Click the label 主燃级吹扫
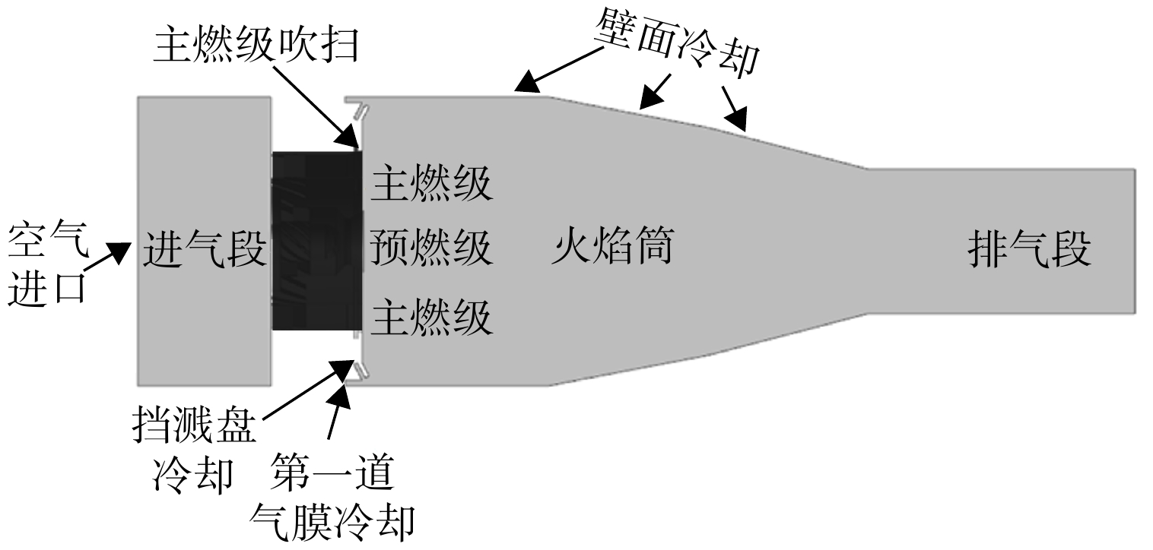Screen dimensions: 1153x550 point(256,46)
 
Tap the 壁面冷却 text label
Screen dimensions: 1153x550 point(676,44)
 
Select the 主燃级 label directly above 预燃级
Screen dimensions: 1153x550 point(431,184)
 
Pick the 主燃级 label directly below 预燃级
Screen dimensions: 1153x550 point(431,318)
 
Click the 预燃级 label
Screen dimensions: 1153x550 point(430,248)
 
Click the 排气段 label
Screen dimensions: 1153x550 point(1030,248)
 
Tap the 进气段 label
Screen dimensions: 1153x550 point(205,248)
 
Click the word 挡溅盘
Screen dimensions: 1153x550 point(194,425)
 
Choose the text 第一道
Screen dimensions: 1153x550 point(332,471)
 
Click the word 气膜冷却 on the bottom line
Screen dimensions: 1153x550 point(332,522)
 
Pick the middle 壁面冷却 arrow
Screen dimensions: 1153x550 point(654,92)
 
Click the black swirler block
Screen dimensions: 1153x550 point(317,241)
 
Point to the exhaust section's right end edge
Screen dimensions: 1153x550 point(1135,241)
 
